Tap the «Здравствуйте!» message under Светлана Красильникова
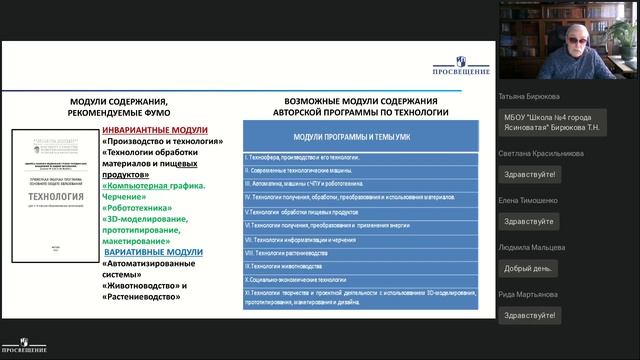529,174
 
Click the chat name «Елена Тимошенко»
532,199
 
